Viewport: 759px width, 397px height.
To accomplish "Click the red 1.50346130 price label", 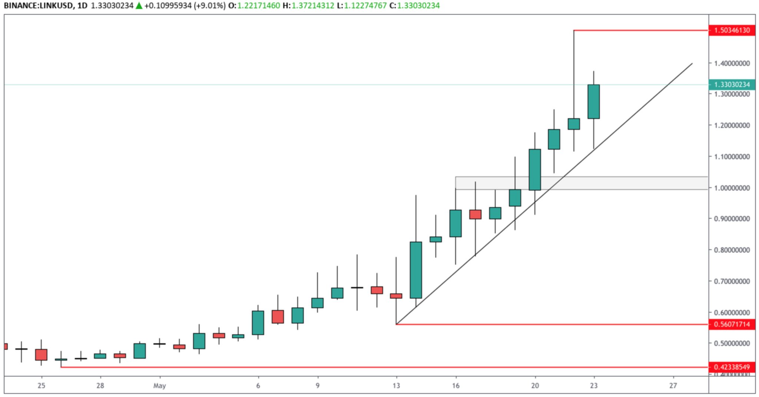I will click(x=732, y=30).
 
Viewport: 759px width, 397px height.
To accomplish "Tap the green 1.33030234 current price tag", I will click(x=732, y=85).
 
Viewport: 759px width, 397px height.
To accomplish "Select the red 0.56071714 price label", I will click(x=732, y=324).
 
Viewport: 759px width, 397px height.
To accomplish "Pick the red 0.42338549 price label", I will click(x=732, y=367).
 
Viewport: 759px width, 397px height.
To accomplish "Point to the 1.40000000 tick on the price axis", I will click(x=732, y=63).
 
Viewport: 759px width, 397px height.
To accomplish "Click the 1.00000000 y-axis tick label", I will click(x=732, y=188).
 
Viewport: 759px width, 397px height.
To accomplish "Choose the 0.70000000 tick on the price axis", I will click(x=732, y=281).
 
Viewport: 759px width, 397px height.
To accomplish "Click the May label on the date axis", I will click(x=159, y=386).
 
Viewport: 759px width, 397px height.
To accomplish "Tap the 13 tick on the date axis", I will click(x=396, y=386).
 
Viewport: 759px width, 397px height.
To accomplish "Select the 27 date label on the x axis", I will click(x=673, y=386).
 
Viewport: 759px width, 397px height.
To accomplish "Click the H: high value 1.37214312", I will click(x=312, y=6).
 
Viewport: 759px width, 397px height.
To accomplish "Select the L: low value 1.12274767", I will click(x=365, y=6).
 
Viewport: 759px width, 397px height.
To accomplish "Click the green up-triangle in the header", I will click(x=139, y=6).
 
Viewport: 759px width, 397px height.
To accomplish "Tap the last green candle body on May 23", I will click(x=593, y=102).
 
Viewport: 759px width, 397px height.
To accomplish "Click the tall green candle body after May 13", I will click(x=416, y=270).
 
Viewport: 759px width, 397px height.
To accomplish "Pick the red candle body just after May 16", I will click(x=475, y=214).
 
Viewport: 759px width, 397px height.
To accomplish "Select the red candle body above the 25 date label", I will click(x=41, y=354).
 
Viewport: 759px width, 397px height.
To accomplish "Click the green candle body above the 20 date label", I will click(x=534, y=169).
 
